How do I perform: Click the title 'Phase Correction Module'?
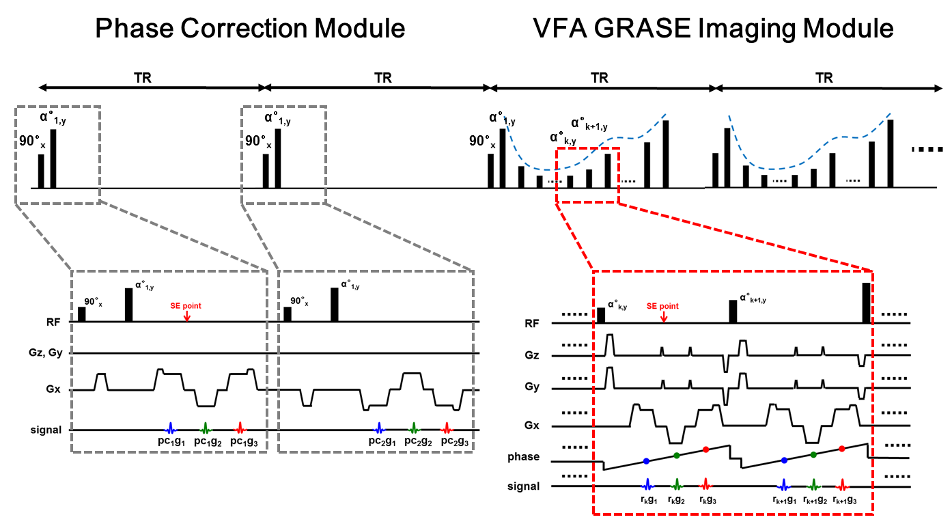click(x=250, y=29)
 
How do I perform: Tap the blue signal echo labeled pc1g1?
click(x=171, y=429)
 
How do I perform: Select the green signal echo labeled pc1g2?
click(x=205, y=429)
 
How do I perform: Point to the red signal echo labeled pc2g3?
click(x=446, y=429)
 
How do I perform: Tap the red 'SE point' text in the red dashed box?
click(x=662, y=306)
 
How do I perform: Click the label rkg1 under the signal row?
click(x=649, y=501)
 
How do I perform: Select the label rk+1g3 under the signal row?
click(x=844, y=501)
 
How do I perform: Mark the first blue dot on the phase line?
click(x=646, y=461)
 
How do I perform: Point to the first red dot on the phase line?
click(x=705, y=449)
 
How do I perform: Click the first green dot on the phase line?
click(x=676, y=456)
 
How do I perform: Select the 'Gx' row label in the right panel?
click(x=532, y=426)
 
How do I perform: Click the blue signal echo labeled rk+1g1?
click(x=783, y=485)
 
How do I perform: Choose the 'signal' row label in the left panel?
click(x=47, y=430)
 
